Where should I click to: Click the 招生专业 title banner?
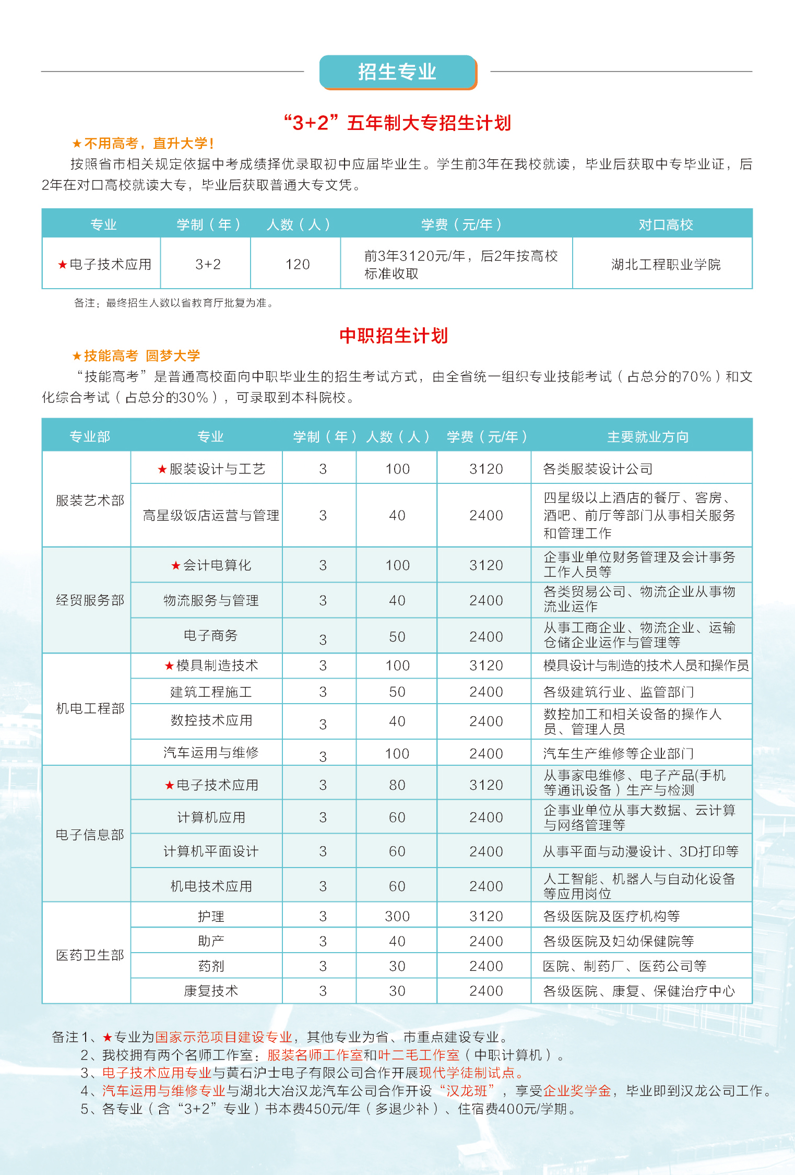point(397,72)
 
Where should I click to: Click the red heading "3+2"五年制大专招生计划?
point(397,123)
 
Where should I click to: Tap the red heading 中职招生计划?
point(394,336)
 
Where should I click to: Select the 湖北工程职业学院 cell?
point(666,265)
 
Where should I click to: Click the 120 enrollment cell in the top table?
point(298,265)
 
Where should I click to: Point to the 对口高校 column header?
point(666,225)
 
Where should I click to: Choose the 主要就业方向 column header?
point(648,437)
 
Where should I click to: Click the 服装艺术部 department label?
point(90,501)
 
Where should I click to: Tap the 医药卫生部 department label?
point(90,955)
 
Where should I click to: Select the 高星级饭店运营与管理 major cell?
point(211,516)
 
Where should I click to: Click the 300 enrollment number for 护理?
point(397,916)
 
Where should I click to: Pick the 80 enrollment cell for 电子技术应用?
point(397,785)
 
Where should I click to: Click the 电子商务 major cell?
point(211,635)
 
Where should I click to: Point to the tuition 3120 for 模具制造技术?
point(486,666)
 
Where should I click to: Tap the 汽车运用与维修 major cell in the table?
point(211,753)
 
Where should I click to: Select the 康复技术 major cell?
point(211,991)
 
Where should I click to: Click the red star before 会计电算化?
point(176,565)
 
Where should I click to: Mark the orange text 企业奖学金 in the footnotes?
point(577,1090)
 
